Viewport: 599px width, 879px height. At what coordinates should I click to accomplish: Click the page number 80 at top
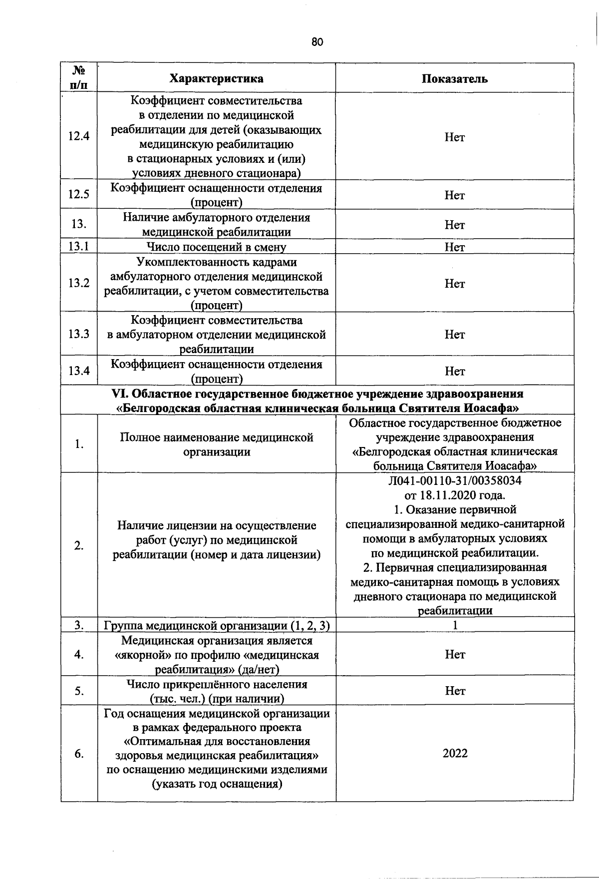(317, 42)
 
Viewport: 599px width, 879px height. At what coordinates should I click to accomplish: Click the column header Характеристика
(216, 78)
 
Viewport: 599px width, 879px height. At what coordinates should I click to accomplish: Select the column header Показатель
(454, 78)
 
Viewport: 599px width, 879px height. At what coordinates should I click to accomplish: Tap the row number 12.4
(79, 136)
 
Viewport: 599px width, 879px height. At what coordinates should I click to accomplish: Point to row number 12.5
(79, 194)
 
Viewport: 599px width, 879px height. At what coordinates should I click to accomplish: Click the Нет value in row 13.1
(454, 247)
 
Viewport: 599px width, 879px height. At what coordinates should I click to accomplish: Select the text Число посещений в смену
(216, 247)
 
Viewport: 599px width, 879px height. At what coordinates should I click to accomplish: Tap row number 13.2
(79, 283)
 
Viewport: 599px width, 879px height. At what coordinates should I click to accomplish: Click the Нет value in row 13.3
(454, 334)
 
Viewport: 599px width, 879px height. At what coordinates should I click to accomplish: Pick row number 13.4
(79, 371)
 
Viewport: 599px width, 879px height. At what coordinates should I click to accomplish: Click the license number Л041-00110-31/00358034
(454, 481)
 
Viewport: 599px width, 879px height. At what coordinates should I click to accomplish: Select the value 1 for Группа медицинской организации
(455, 625)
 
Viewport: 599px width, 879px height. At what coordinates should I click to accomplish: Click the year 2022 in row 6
(455, 754)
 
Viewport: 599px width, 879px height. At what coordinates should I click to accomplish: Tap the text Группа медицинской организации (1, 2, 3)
(216, 625)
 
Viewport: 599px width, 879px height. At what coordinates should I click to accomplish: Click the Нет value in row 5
(454, 691)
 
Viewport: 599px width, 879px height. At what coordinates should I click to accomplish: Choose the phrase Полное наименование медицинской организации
(216, 444)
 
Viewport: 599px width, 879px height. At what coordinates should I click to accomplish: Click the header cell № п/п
(79, 78)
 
